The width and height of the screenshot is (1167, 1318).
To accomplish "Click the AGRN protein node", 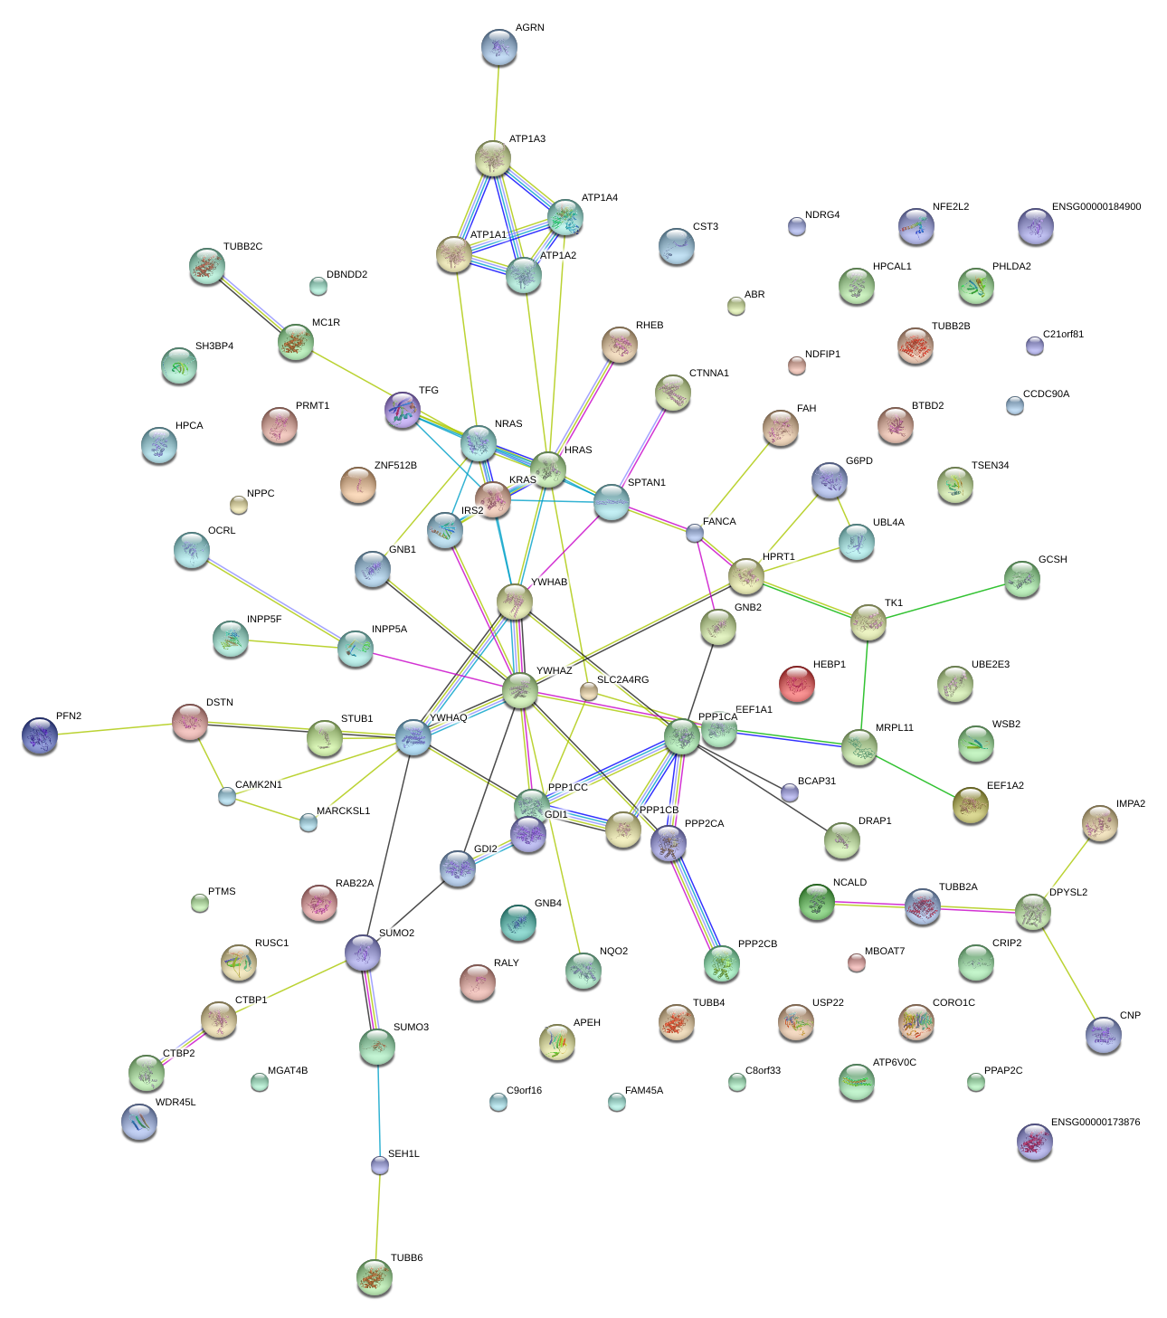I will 498,48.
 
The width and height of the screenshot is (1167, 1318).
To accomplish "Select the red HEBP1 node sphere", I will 796,684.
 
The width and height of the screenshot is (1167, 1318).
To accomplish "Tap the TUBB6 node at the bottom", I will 374,1277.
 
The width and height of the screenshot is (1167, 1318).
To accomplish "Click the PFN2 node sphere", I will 40,735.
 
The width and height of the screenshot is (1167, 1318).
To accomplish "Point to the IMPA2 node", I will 1099,823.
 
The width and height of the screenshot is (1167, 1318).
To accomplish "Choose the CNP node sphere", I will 1103,1035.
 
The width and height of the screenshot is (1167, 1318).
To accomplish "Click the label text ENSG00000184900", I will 1096,207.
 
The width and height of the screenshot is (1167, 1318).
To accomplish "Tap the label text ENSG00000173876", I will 1095,1123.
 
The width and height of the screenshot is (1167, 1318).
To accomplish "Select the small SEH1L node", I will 380,1165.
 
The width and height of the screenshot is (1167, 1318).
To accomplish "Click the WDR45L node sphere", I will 138,1122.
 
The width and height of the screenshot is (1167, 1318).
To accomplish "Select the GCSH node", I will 1021,579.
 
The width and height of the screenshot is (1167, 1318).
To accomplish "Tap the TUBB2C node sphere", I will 207,266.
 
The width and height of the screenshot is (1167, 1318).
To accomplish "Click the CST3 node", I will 677,246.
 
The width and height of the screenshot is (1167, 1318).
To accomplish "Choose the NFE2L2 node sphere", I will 916,226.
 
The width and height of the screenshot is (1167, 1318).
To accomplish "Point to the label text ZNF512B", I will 395,466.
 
